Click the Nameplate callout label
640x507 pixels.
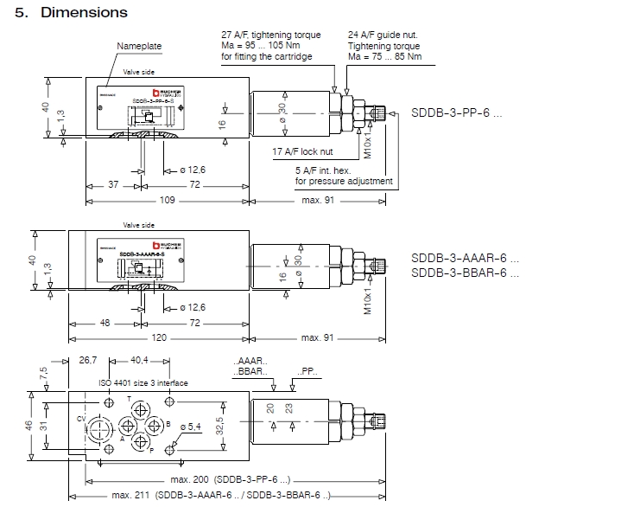[139, 46]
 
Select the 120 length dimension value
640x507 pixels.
[158, 337]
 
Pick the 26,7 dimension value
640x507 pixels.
[88, 359]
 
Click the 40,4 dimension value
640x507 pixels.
[140, 359]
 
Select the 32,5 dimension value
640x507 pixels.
[219, 427]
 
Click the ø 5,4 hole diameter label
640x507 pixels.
[188, 427]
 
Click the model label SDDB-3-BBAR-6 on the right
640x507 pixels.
[465, 273]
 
